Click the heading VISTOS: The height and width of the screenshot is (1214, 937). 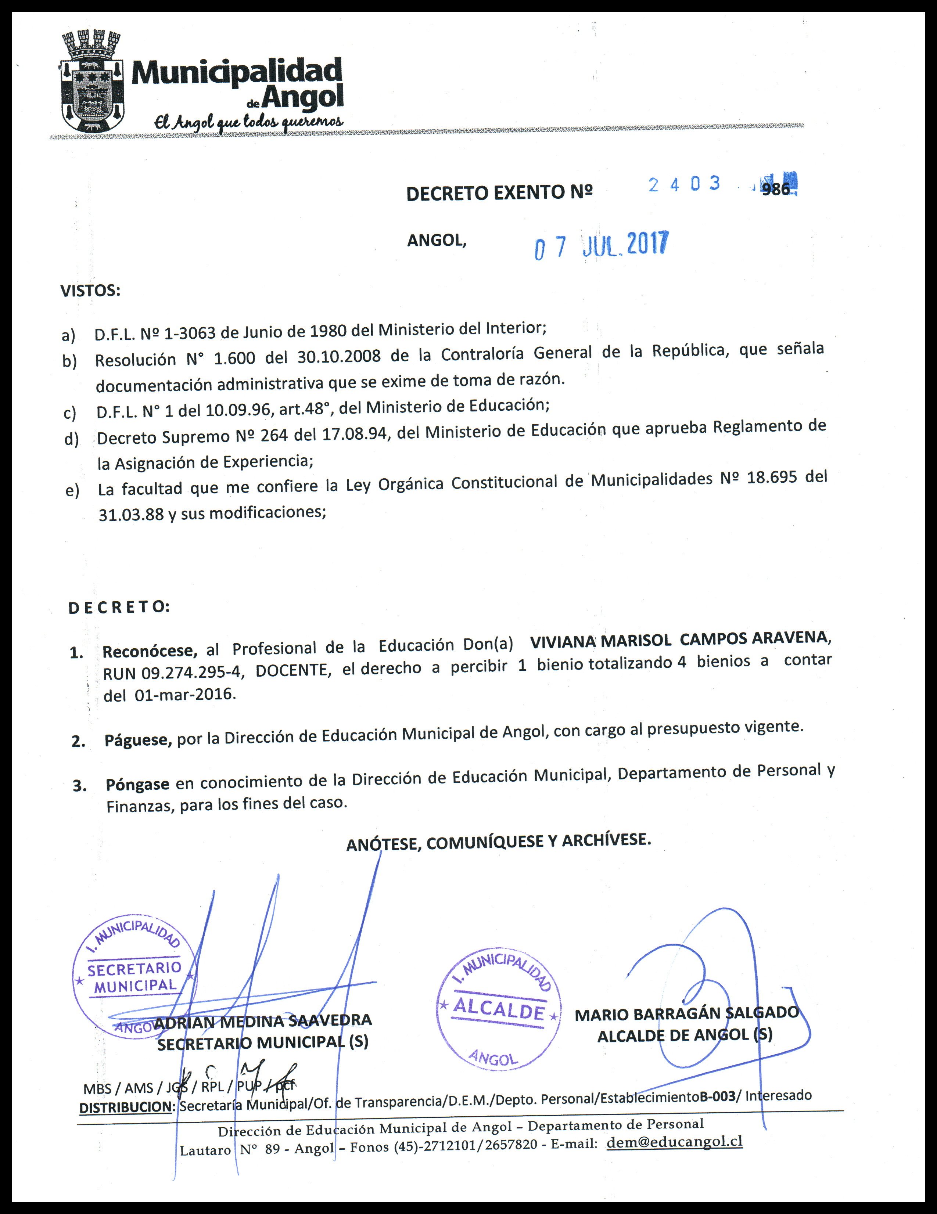90,291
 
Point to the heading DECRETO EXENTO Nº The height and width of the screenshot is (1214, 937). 499,193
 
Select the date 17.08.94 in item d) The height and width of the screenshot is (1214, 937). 354,433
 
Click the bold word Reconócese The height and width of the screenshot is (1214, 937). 150,651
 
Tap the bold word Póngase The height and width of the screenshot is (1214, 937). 137,784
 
